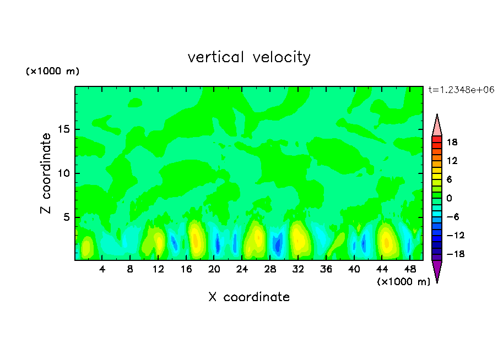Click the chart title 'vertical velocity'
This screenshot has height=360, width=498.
click(x=249, y=57)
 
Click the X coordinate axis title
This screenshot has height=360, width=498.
click(x=249, y=297)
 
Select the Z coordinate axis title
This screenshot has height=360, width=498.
click(x=46, y=173)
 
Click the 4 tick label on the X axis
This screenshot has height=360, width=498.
click(x=102, y=270)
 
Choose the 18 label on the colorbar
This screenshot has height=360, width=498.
click(x=452, y=142)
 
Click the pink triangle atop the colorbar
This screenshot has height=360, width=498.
click(x=437, y=126)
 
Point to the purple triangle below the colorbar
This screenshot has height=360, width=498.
click(x=437, y=270)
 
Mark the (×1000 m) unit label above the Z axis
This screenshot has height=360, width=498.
click(x=52, y=72)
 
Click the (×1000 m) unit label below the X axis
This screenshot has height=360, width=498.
click(x=403, y=282)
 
